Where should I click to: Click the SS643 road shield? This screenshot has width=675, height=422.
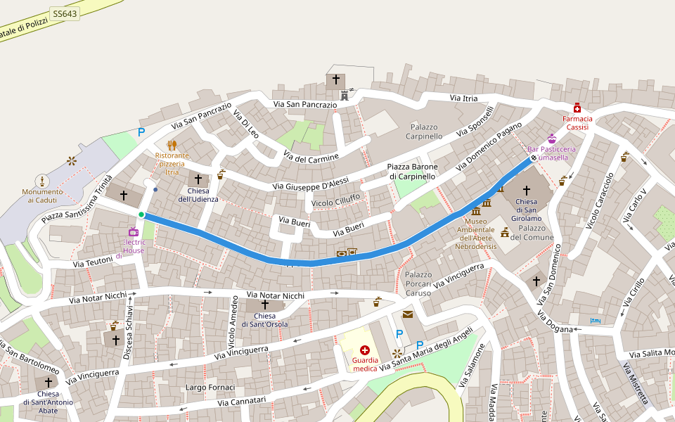point(65,14)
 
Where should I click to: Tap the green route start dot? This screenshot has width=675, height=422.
point(141,215)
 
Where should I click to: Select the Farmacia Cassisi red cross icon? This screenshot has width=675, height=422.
point(577,108)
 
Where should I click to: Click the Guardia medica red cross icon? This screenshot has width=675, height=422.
point(365,350)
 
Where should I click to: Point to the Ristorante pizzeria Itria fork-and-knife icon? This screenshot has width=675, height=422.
point(172,145)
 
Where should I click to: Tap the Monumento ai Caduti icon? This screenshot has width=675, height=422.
point(42,181)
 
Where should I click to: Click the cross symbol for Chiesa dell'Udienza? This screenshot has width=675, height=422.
point(198,179)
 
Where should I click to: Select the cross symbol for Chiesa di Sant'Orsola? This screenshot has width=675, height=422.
point(265,305)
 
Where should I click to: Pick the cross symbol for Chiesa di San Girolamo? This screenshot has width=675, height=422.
point(527,191)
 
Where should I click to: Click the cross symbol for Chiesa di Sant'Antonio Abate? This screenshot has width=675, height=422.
point(49,383)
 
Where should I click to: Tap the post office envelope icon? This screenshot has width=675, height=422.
point(408,314)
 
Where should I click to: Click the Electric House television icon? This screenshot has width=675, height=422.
point(134,231)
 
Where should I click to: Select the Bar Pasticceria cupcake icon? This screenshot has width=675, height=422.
point(552,139)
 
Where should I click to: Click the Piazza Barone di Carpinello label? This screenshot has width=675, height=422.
point(412,171)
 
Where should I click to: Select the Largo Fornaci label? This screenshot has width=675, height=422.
point(210,388)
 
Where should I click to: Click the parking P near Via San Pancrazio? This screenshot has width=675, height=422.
point(141,132)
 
